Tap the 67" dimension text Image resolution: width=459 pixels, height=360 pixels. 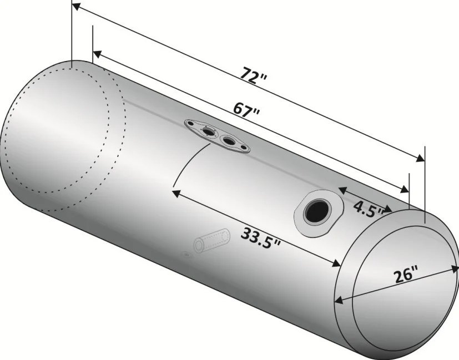tap(246, 110)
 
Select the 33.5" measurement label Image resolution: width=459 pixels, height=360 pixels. tap(260, 238)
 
